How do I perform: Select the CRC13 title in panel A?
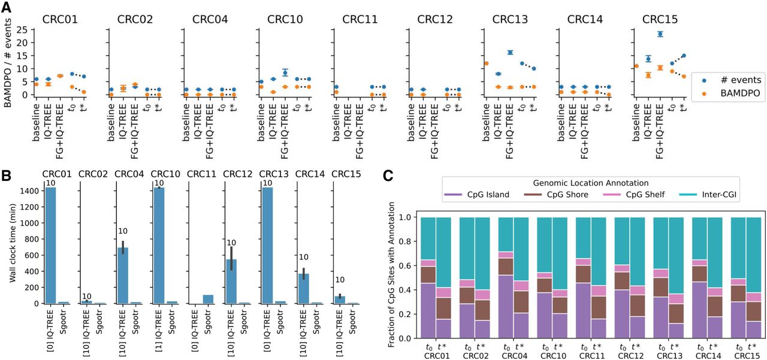510,19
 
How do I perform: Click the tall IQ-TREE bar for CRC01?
51,246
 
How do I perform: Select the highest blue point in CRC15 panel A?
660,34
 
